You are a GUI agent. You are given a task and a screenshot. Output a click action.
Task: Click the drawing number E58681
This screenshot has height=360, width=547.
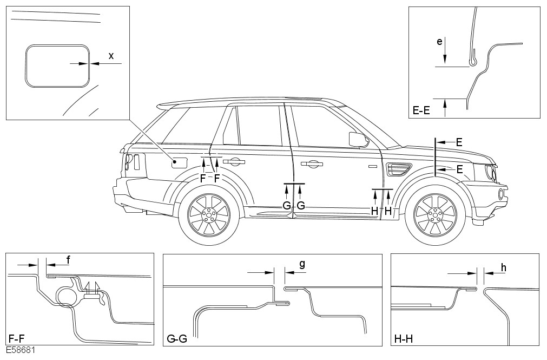click(21, 351)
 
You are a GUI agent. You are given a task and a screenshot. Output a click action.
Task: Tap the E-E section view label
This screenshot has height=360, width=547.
click(421, 111)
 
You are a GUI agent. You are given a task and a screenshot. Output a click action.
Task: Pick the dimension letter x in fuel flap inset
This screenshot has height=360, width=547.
click(111, 56)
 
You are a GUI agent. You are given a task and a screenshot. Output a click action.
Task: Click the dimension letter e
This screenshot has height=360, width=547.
click(439, 41)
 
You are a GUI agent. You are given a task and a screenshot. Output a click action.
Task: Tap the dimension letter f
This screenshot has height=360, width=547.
click(68, 260)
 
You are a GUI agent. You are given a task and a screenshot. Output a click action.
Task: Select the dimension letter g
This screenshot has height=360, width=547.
click(302, 264)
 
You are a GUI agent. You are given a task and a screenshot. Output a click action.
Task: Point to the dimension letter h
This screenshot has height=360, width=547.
click(503, 267)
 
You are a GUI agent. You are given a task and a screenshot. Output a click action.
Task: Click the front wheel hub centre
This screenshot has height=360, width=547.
click(434, 215)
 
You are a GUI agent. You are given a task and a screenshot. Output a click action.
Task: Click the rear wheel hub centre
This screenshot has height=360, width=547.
click(208, 215)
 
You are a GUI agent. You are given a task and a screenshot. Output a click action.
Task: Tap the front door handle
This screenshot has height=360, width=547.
click(312, 163)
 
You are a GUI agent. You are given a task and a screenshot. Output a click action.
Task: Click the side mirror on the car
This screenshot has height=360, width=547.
click(358, 139)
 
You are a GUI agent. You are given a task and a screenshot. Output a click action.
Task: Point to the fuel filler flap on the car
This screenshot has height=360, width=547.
click(180, 162)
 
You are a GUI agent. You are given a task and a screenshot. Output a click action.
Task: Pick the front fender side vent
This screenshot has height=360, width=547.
click(398, 169)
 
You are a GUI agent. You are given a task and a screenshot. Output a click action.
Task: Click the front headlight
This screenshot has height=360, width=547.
click(490, 172)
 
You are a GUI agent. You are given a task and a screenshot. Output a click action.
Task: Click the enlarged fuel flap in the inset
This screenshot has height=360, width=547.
click(57, 65)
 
